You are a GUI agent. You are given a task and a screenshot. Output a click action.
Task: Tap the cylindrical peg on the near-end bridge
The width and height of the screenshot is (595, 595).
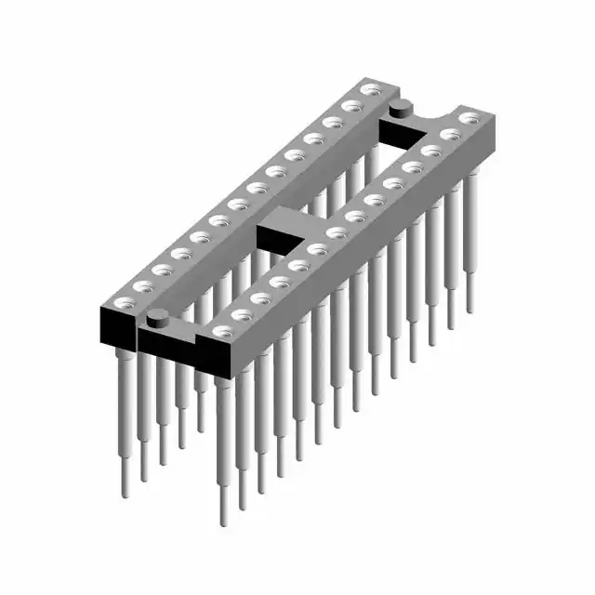pos(157,318)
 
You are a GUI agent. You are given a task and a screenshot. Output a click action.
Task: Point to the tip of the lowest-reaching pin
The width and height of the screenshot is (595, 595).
pos(223,521)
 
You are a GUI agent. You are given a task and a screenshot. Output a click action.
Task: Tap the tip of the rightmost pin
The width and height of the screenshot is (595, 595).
pos(469,309)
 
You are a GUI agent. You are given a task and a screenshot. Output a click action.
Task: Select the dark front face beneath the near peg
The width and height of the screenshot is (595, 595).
pos(164,339)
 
